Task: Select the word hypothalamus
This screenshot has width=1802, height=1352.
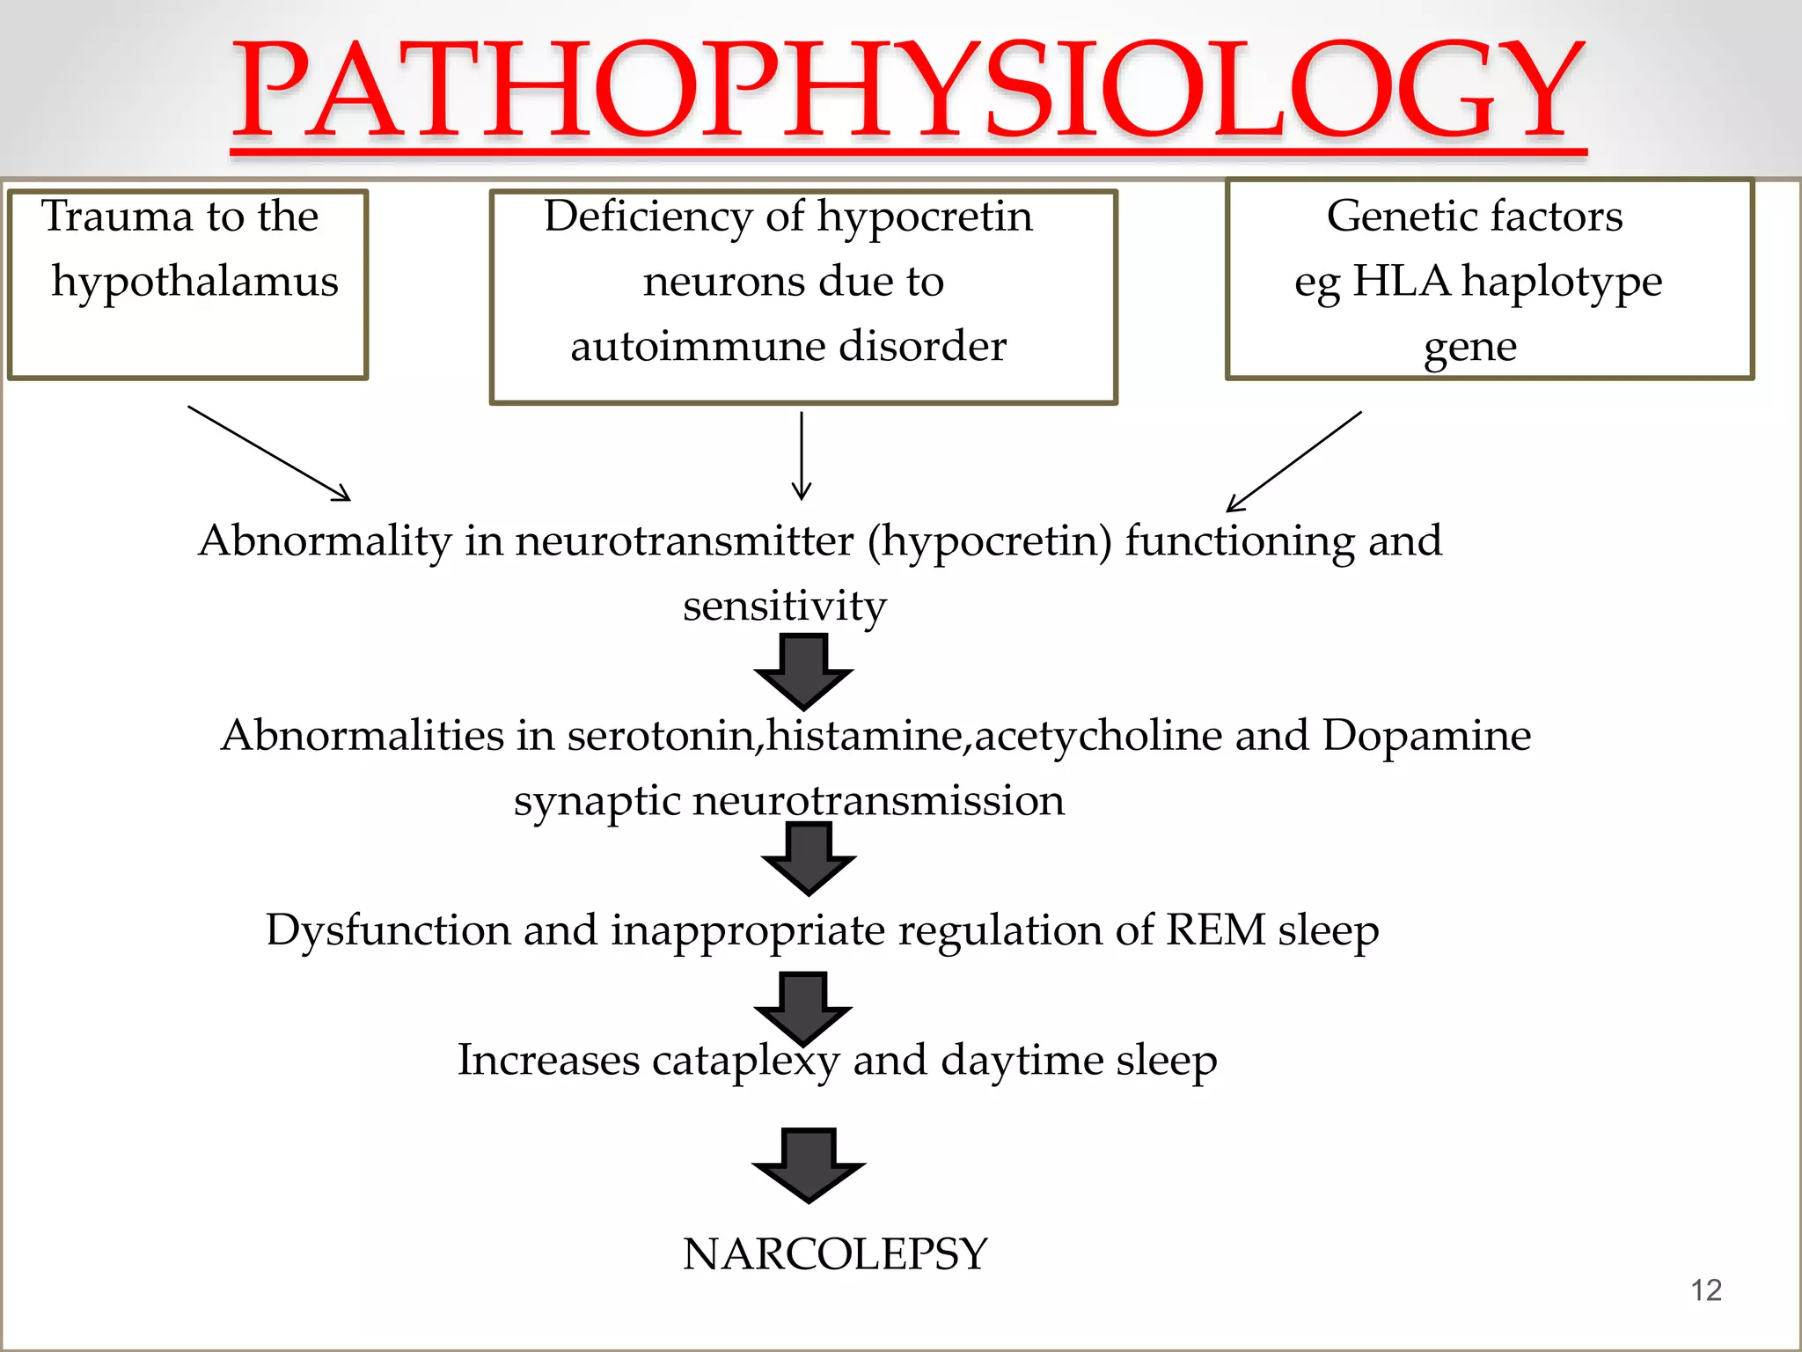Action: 194,283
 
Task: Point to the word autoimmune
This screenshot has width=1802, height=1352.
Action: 698,346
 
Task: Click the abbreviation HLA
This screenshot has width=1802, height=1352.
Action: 1401,282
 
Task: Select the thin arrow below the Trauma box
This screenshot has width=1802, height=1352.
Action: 268,453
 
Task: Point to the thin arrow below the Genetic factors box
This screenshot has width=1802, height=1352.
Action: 1293,461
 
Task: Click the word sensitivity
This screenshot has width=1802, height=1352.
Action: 784,606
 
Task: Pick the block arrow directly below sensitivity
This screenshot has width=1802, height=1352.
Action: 803,671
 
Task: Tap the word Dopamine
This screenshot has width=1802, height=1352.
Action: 1426,735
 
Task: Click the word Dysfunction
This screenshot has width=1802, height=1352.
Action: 388,930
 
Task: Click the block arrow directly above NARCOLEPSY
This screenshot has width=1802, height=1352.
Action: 808,1164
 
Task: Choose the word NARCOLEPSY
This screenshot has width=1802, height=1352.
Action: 835,1254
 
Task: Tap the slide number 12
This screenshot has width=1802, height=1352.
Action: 1706,1290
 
